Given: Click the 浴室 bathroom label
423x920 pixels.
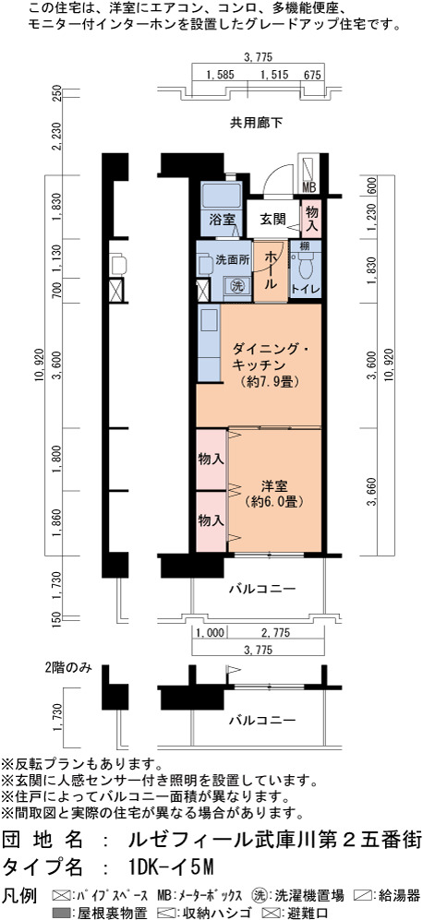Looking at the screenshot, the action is [x=222, y=220].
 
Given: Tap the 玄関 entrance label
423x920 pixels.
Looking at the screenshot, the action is [x=272, y=220].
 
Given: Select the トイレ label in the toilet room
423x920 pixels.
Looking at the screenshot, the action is [x=306, y=289].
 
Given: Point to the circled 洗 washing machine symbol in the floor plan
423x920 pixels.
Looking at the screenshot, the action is [x=236, y=286].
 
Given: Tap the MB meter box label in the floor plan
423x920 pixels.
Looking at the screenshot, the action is [x=309, y=187].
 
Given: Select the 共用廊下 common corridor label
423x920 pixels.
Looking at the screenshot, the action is [x=256, y=124].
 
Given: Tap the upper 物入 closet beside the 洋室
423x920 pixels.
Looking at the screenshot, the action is [x=211, y=459].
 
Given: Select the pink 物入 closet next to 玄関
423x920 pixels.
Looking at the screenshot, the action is [x=311, y=218].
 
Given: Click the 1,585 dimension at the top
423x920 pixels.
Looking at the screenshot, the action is [x=221, y=75].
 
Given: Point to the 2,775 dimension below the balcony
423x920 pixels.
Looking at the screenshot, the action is [x=275, y=632].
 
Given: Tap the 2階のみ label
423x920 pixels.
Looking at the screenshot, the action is [x=68, y=668].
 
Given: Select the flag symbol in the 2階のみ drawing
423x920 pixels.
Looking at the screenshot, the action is [x=233, y=670].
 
